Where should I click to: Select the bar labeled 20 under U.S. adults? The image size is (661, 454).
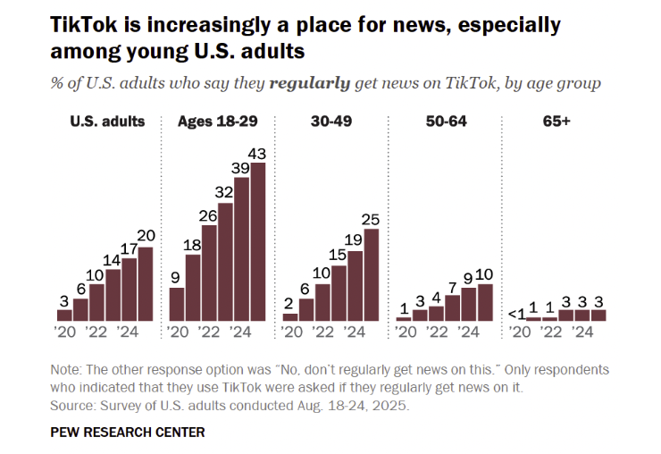(145, 283)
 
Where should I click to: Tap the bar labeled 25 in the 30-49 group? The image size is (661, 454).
(371, 274)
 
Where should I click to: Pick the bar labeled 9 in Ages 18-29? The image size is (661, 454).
(177, 304)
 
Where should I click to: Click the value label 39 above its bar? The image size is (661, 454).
(241, 167)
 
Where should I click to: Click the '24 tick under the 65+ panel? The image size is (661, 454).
(582, 332)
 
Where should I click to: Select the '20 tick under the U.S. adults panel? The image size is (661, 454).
(65, 332)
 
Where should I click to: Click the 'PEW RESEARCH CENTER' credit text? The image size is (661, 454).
(128, 433)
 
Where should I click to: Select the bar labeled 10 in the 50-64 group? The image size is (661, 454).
(485, 302)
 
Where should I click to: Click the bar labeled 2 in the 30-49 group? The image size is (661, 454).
(290, 316)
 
